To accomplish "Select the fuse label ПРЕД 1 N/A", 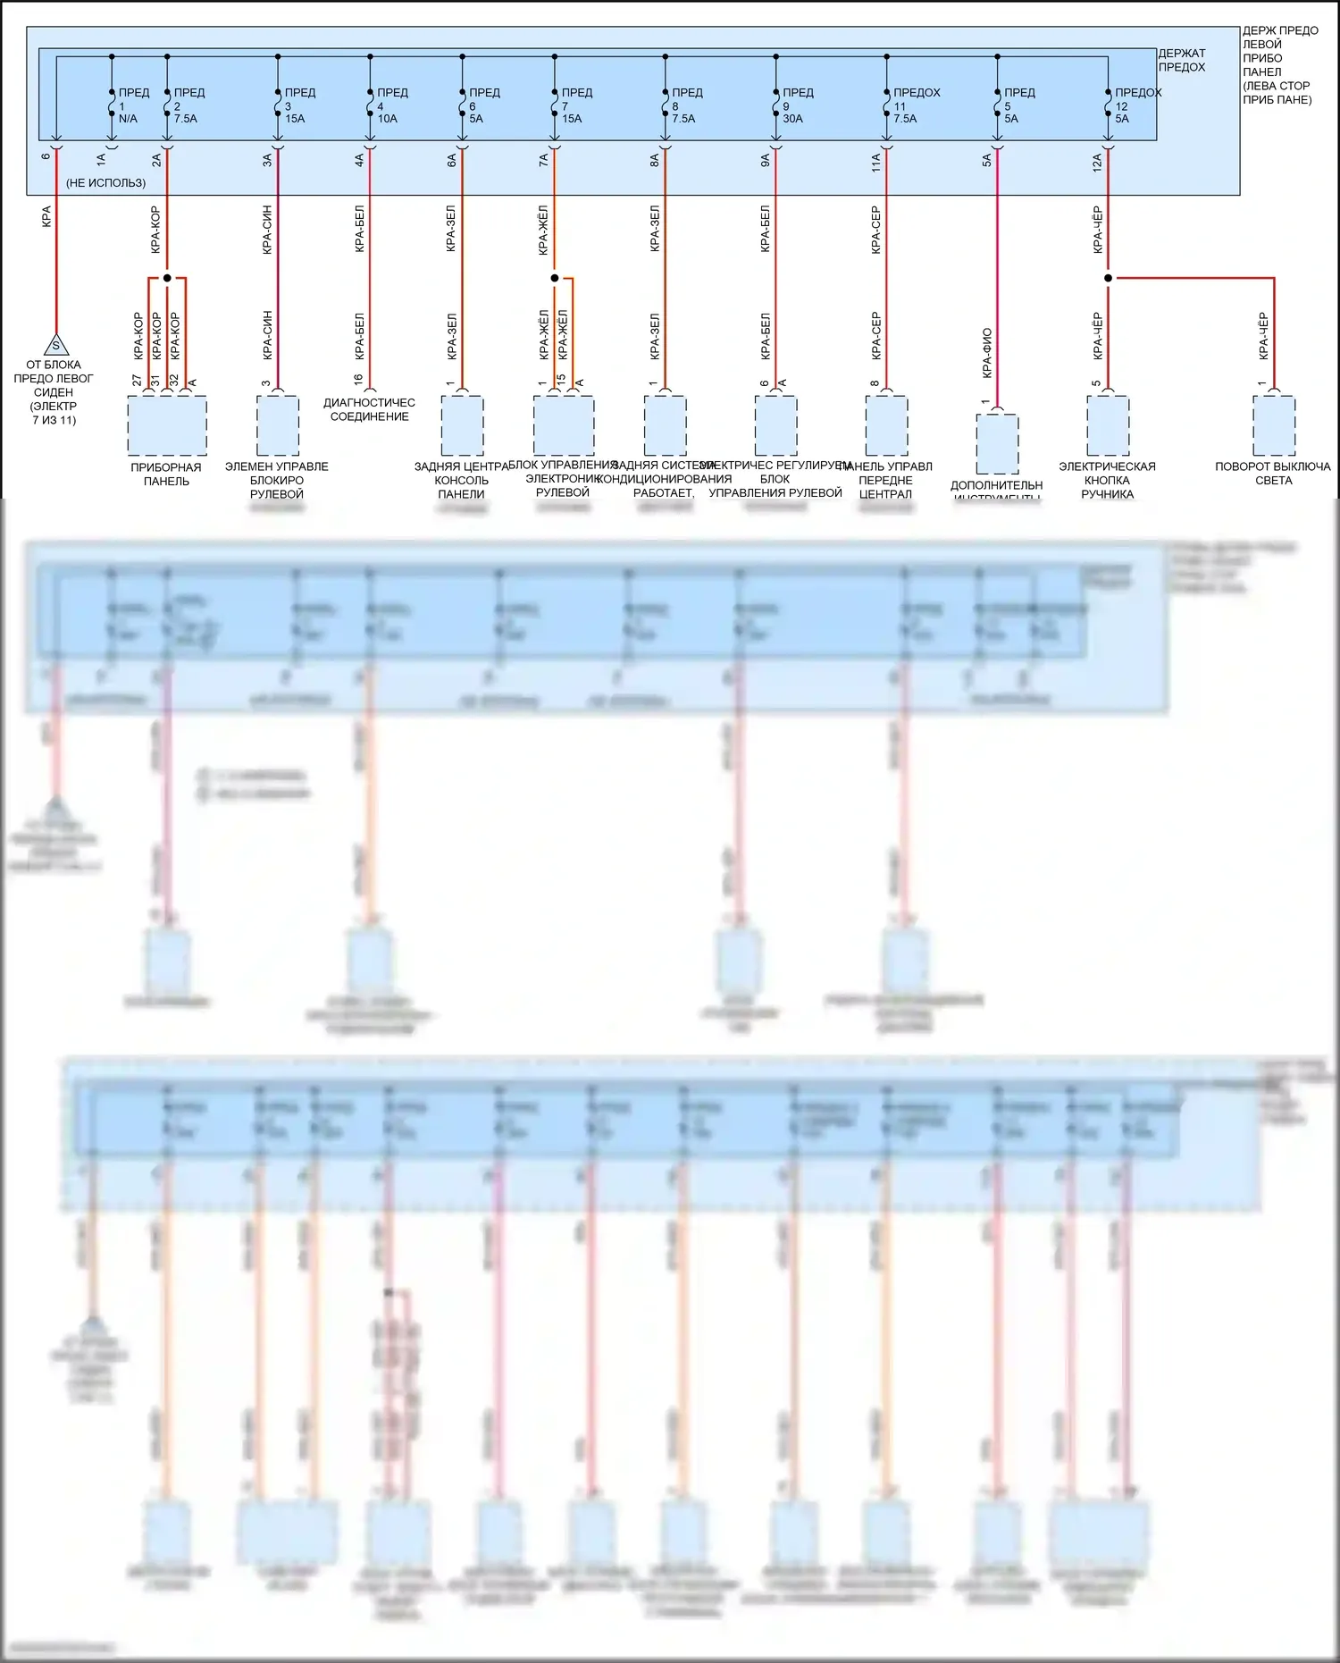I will pos(132,105).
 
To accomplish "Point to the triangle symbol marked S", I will pos(55,345).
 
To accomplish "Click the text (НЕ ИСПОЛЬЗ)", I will pos(105,183).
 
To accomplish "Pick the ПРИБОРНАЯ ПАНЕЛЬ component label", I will pos(166,474).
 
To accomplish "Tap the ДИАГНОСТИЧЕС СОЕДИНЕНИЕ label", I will pos(369,409).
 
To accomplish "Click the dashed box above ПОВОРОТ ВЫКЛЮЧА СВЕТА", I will pos(1273,425).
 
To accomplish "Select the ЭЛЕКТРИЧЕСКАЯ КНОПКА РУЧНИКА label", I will pos(1107,480).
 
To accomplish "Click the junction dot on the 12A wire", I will pos(1108,278).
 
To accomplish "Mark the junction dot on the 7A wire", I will pos(554,278).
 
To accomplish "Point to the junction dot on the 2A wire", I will pos(167,278).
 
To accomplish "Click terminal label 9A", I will pos(765,160).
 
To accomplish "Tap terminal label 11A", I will pos(875,161).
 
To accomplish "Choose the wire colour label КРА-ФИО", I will pos(986,352).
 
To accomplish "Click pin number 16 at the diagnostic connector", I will pos(358,380).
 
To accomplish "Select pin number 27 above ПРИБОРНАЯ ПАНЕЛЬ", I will pos(137,381).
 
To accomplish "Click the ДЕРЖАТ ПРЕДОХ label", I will pos(1181,60).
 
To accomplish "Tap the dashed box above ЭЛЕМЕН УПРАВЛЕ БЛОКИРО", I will pos(277,425).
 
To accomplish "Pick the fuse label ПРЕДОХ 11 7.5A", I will pos(915,105).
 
